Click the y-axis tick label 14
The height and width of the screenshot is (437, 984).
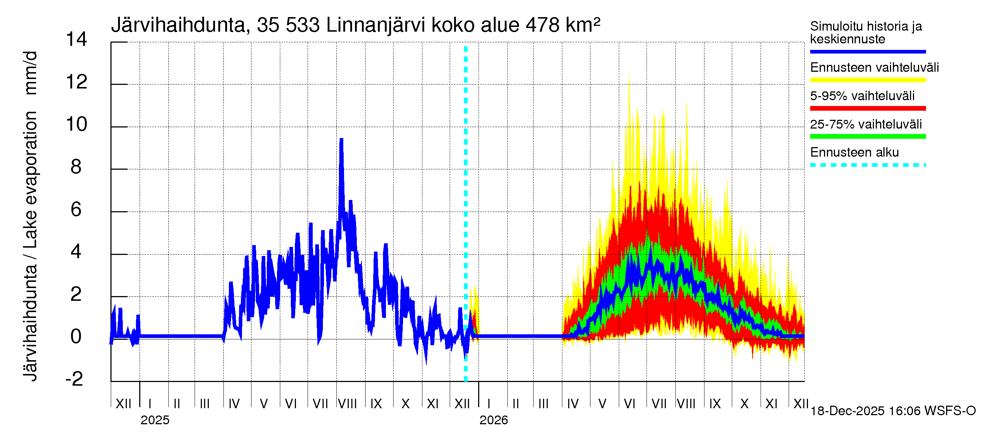(x=77, y=39)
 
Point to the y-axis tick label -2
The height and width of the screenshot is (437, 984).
(x=74, y=379)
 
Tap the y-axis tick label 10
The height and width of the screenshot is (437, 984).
(x=77, y=125)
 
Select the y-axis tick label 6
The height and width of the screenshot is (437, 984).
(x=76, y=209)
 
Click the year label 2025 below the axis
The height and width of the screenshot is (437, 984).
(x=155, y=420)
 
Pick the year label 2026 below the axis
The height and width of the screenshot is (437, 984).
(x=493, y=420)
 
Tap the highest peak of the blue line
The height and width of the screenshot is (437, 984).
(x=341, y=140)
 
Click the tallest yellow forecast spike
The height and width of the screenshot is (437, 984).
(x=629, y=75)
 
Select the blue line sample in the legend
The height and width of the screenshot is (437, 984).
(x=867, y=51)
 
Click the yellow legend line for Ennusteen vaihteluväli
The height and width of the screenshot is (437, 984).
(x=867, y=80)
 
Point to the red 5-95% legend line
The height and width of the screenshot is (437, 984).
(x=867, y=109)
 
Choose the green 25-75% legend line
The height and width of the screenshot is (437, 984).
(x=867, y=137)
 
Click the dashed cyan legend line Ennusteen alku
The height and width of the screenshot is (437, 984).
(x=867, y=165)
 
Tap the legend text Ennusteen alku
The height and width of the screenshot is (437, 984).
(x=854, y=152)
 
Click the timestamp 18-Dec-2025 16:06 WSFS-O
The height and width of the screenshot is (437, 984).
(x=893, y=411)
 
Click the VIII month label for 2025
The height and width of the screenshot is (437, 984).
(x=347, y=403)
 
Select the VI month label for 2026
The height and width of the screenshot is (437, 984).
(x=629, y=403)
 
